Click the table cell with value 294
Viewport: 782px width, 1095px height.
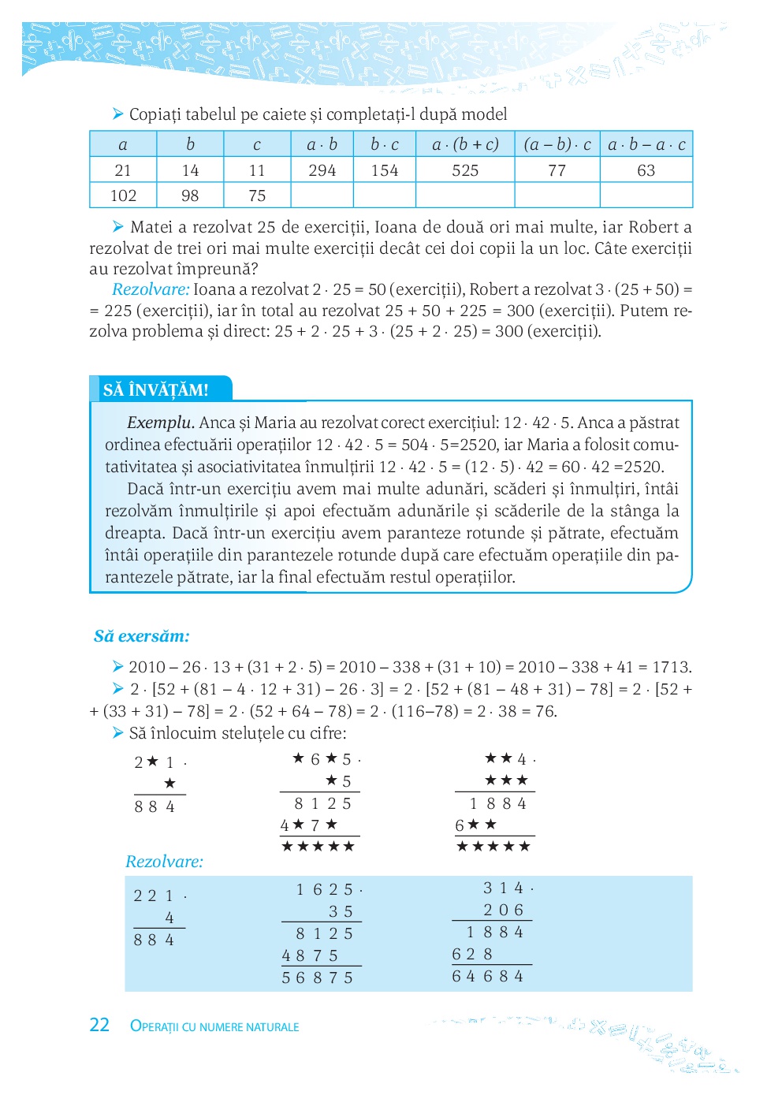coord(322,170)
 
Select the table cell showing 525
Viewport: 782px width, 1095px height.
coord(465,170)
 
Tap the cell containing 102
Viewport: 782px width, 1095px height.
coord(123,196)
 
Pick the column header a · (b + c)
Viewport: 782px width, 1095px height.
coord(465,144)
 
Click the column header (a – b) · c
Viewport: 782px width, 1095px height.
coord(557,144)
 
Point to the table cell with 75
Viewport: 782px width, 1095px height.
coord(257,196)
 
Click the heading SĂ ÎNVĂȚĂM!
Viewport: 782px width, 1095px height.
coord(156,389)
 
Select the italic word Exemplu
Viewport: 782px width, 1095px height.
coord(160,423)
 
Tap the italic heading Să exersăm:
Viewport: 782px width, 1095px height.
coord(142,635)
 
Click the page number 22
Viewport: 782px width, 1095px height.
coord(99,1025)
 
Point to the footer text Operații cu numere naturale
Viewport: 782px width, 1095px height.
coord(214,1026)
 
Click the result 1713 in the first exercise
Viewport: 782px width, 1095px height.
coord(672,667)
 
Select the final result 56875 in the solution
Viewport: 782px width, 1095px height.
coord(318,978)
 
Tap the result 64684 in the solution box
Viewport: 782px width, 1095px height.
coord(488,976)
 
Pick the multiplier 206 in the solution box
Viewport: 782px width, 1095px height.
coord(504,910)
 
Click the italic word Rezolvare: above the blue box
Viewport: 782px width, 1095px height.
coord(164,862)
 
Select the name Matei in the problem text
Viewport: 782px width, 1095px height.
coord(151,227)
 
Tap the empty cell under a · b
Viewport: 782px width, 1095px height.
coord(322,196)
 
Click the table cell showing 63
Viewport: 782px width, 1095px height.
coord(646,170)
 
